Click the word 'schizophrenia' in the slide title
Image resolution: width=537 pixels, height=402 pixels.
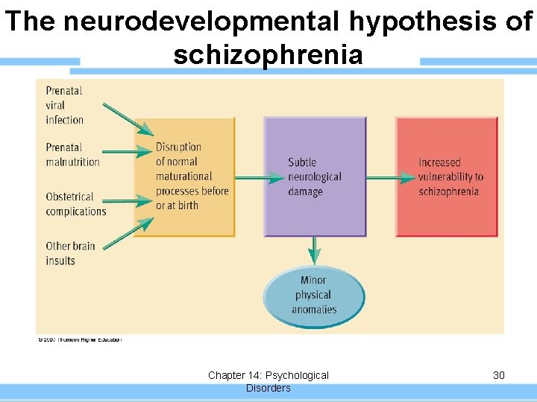[268, 54]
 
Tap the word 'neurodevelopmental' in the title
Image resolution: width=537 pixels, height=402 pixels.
[175, 22]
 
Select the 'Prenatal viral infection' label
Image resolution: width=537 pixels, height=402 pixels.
[64, 105]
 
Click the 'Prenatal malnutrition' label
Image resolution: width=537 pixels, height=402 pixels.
[72, 155]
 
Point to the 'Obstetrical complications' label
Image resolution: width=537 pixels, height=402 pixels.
[76, 204]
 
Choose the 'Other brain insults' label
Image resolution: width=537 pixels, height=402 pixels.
[70, 253]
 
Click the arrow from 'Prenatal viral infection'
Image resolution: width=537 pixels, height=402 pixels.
[127, 119]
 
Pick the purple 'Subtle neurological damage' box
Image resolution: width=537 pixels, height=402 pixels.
[315, 177]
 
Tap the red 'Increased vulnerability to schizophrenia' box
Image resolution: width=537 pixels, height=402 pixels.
[446, 177]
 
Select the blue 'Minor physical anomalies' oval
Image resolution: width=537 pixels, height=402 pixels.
[314, 296]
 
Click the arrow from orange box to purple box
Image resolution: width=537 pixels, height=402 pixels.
[259, 177]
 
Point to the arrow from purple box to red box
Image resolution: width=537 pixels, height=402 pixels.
[390, 177]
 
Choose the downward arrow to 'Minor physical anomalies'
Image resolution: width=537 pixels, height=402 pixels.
[315, 251]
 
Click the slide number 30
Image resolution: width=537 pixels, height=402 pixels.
[499, 375]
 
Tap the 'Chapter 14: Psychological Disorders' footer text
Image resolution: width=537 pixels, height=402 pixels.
[268, 381]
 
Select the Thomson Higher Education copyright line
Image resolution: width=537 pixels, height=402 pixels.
[79, 340]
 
